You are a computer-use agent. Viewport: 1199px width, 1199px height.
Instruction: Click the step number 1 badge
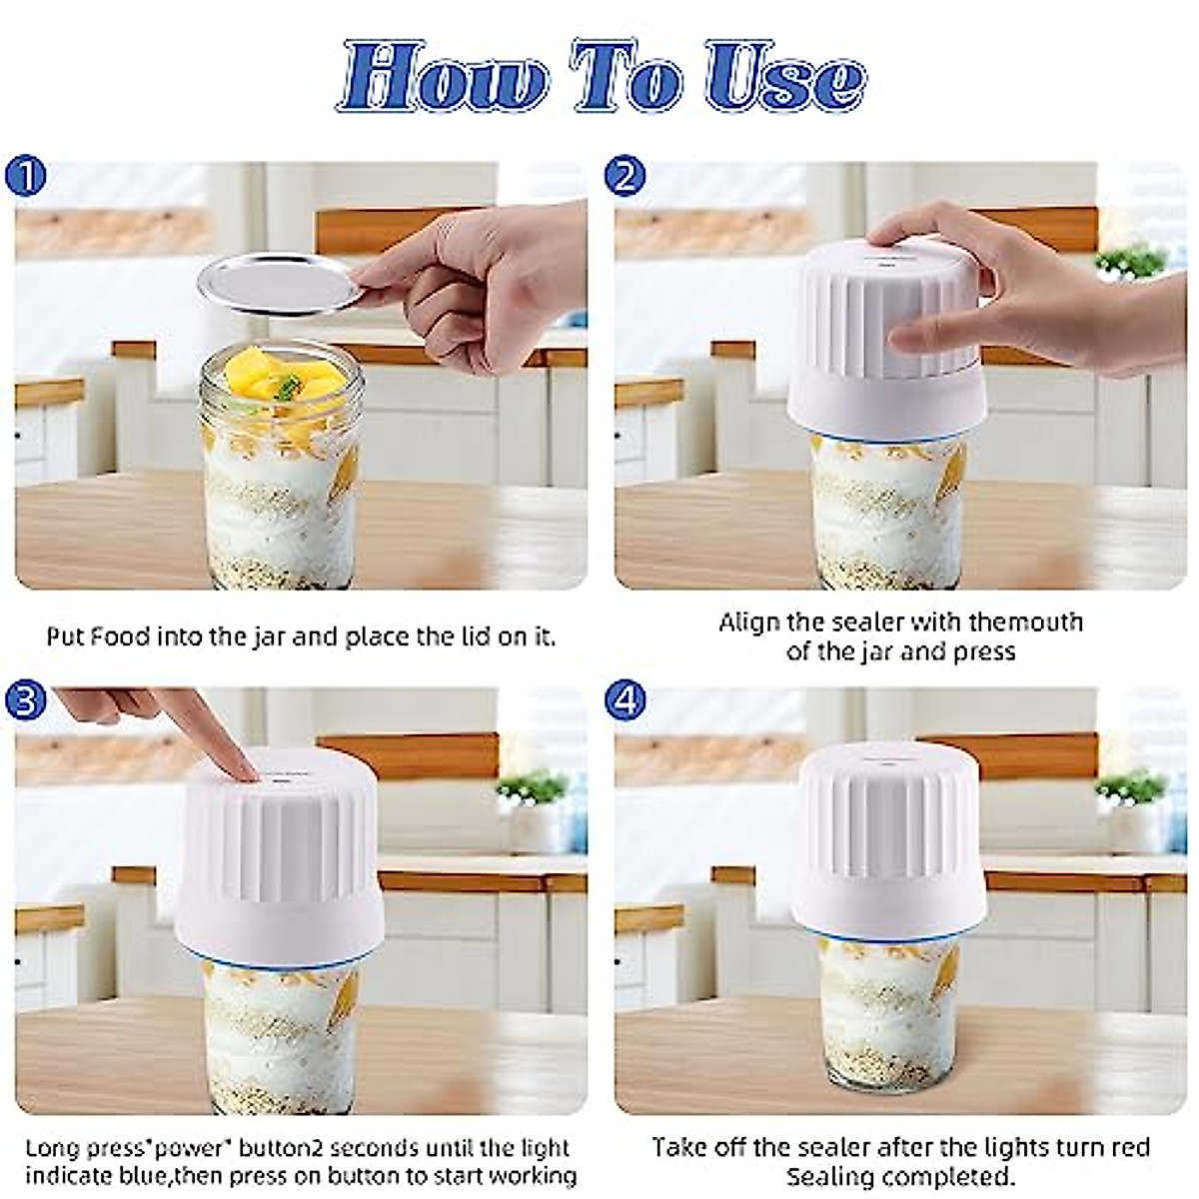pyautogui.click(x=25, y=178)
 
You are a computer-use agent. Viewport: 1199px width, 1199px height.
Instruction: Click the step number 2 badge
pyautogui.click(x=625, y=178)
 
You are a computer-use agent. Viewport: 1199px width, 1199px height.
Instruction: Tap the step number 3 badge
pyautogui.click(x=25, y=699)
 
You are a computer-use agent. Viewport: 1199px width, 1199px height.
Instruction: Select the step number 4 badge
pyautogui.click(x=625, y=699)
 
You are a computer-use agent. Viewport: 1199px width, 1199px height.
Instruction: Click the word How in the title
pyautogui.click(x=440, y=78)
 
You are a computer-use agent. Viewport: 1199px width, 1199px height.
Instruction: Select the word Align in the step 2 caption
pyautogui.click(x=749, y=622)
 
